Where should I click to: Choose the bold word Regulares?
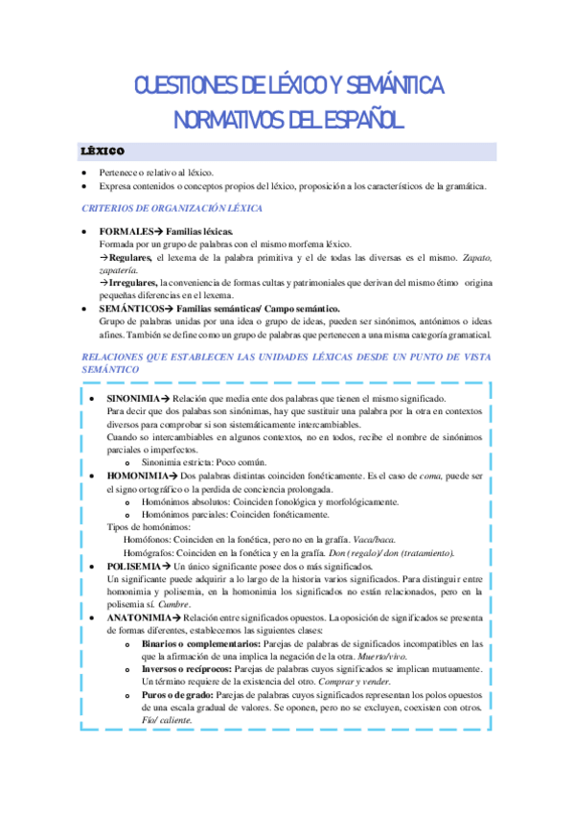tap(129, 259)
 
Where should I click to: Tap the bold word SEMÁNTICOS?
tap(133, 308)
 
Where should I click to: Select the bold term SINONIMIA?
tap(132, 398)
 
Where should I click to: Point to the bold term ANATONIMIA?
tap(136, 618)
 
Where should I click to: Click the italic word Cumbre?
tap(174, 605)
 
